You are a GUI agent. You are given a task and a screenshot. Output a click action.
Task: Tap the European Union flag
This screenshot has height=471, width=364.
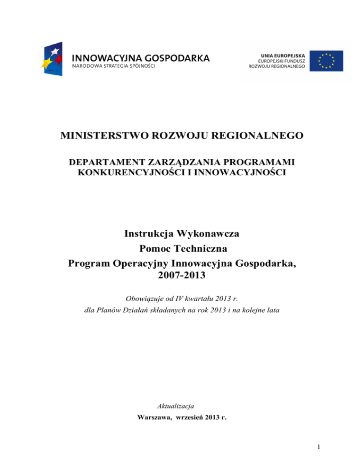(x=326, y=61)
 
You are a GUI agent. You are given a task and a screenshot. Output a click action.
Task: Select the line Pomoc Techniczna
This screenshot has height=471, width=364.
(x=182, y=249)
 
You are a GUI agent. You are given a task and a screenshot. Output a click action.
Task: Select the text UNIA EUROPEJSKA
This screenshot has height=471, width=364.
(x=284, y=54)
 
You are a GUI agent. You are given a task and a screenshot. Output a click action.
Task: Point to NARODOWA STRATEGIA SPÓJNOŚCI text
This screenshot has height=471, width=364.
(x=113, y=67)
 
